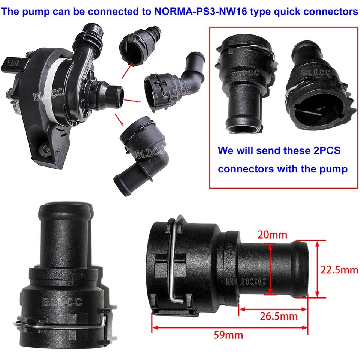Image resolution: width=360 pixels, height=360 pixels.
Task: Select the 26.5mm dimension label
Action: [279, 316]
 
